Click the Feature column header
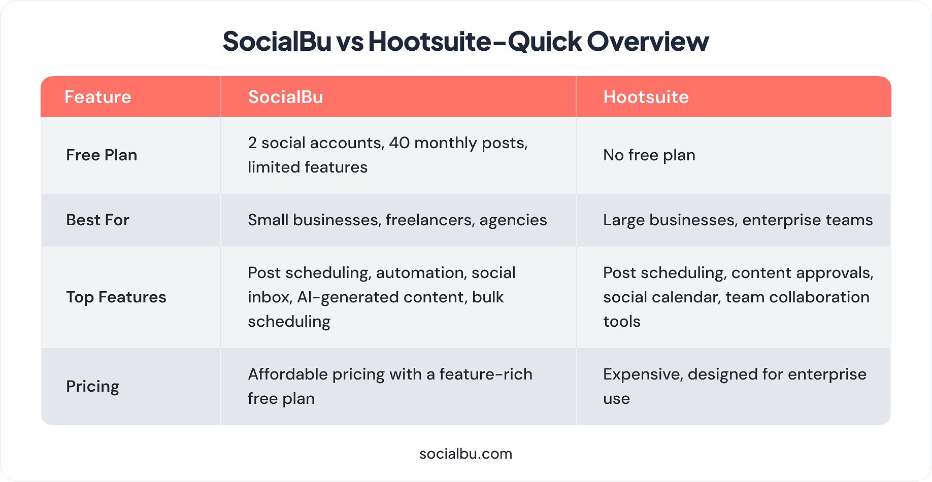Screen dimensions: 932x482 [x=98, y=97]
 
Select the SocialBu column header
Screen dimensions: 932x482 [x=286, y=97]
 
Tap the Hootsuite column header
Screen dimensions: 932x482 [x=646, y=97]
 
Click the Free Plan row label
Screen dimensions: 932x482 [x=102, y=155]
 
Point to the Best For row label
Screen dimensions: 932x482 [x=98, y=220]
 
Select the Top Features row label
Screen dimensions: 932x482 [x=116, y=297]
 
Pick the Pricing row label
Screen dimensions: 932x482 [x=93, y=387]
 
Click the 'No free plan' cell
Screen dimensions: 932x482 [x=649, y=155]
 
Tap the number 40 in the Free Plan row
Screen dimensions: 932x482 [x=399, y=143]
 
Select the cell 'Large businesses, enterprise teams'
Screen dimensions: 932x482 [x=738, y=220]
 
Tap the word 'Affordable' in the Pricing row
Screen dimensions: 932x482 [x=288, y=374]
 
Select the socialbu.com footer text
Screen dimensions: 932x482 [x=466, y=454]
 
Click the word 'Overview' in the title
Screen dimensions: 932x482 [x=648, y=41]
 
